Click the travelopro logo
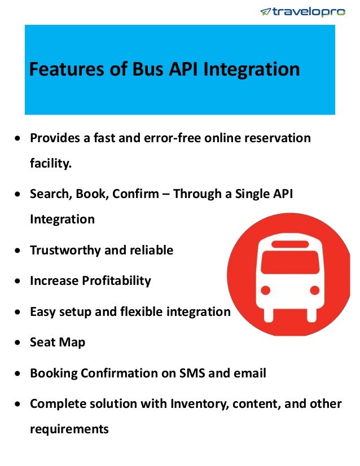coord(302,11)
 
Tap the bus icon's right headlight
coord(314,291)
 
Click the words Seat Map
coord(58,342)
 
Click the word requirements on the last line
coord(69,429)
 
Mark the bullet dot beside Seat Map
coord(19,342)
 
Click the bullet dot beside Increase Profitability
coord(19,281)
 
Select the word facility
coord(51,163)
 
